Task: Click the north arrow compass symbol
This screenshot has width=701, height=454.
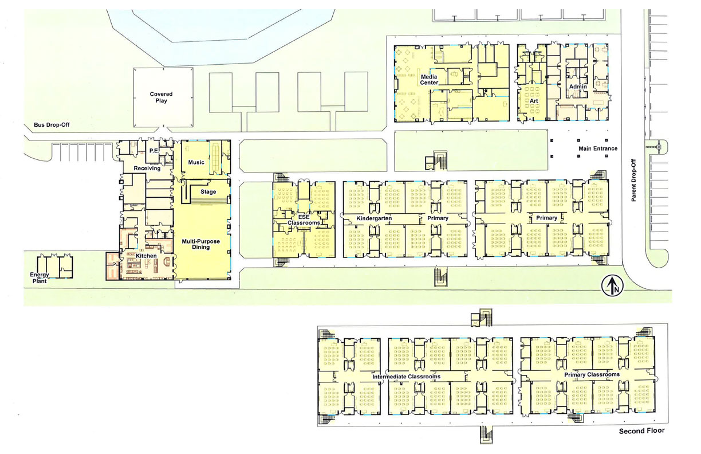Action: click(x=612, y=285)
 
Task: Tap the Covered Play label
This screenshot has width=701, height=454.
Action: click(x=161, y=97)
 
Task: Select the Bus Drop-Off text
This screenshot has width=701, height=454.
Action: click(x=52, y=125)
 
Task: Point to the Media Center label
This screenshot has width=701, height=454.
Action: click(x=429, y=80)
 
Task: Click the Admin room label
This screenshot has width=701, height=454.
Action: click(x=578, y=87)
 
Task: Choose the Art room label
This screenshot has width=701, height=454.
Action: click(x=534, y=101)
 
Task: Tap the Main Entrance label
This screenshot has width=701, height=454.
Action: click(x=598, y=148)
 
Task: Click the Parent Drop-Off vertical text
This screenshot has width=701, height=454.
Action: click(x=634, y=180)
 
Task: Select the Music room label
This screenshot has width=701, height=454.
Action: click(x=196, y=162)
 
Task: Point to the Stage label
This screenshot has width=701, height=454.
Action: click(x=208, y=192)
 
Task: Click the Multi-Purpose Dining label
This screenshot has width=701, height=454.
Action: click(x=201, y=244)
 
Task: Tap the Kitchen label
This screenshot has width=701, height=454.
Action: click(x=146, y=256)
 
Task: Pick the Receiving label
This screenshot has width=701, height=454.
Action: click(x=147, y=169)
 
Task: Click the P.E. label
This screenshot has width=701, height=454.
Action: click(x=153, y=150)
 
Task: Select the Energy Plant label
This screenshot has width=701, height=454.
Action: click(x=40, y=278)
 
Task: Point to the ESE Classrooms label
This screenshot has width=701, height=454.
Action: click(x=304, y=220)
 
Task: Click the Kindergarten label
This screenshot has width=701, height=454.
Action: click(x=375, y=218)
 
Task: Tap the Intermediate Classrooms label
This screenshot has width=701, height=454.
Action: click(x=406, y=377)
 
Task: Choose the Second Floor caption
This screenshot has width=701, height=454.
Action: click(x=642, y=431)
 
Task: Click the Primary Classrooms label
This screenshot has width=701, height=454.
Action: click(x=592, y=375)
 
